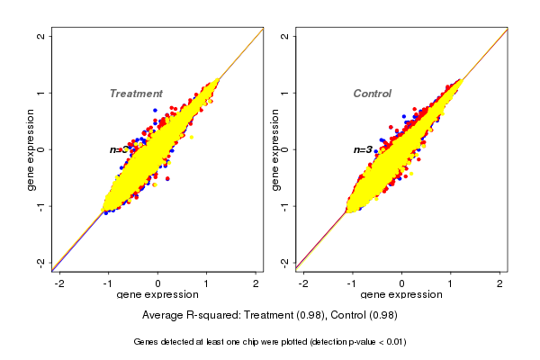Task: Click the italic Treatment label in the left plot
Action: click(x=136, y=94)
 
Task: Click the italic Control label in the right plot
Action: click(x=372, y=94)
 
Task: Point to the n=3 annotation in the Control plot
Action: click(x=363, y=149)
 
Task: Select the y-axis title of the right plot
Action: click(x=275, y=148)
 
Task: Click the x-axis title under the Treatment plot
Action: click(x=157, y=296)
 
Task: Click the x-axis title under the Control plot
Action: click(x=400, y=296)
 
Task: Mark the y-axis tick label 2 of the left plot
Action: click(x=41, y=36)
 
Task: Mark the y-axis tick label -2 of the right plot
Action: click(x=285, y=262)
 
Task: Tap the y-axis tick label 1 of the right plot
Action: click(x=285, y=93)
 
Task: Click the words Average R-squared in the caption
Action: click(x=185, y=316)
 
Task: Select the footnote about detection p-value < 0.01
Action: click(x=270, y=342)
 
